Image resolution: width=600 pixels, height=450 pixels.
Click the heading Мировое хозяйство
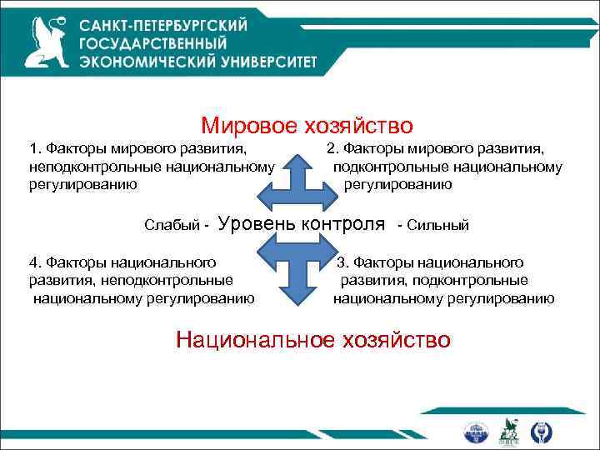tap(307, 126)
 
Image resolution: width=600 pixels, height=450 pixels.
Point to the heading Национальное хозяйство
tap(313, 339)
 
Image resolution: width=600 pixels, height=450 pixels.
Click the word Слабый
tap(171, 225)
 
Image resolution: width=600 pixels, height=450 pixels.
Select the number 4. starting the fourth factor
tap(34, 264)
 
